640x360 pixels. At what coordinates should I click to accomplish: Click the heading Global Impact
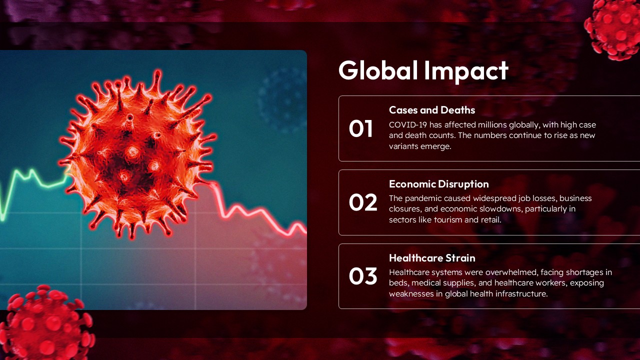[423, 70]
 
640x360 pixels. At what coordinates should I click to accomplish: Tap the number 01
[361, 129]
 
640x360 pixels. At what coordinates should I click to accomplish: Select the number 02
[362, 202]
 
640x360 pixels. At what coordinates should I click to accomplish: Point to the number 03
[362, 276]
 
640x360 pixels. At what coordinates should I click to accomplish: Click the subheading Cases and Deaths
[432, 110]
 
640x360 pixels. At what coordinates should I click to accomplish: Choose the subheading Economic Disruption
[438, 184]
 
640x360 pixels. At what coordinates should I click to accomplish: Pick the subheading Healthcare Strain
[432, 258]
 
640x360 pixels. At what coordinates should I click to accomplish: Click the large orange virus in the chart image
[136, 155]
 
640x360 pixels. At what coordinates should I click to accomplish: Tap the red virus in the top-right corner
[615, 27]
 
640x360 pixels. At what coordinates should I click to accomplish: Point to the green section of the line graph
[30, 177]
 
